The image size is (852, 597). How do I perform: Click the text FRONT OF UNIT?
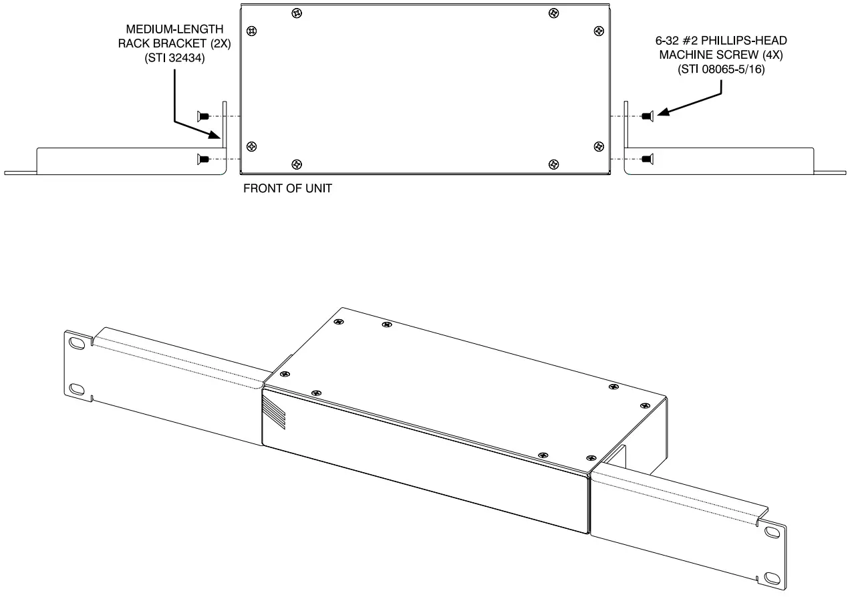[287, 189]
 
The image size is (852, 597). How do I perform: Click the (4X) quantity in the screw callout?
[766, 54]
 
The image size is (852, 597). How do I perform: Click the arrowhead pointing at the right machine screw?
[660, 113]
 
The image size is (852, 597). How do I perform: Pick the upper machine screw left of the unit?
[204, 116]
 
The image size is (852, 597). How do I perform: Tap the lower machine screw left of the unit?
[204, 158]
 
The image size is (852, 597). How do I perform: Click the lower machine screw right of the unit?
[646, 158]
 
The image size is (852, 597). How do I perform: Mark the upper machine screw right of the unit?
[646, 116]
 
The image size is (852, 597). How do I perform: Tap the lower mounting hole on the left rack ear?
[76, 389]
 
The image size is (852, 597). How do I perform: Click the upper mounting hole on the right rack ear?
[772, 533]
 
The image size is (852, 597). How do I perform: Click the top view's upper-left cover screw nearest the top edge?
[296, 13]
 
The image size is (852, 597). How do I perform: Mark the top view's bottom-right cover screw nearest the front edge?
[553, 164]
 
